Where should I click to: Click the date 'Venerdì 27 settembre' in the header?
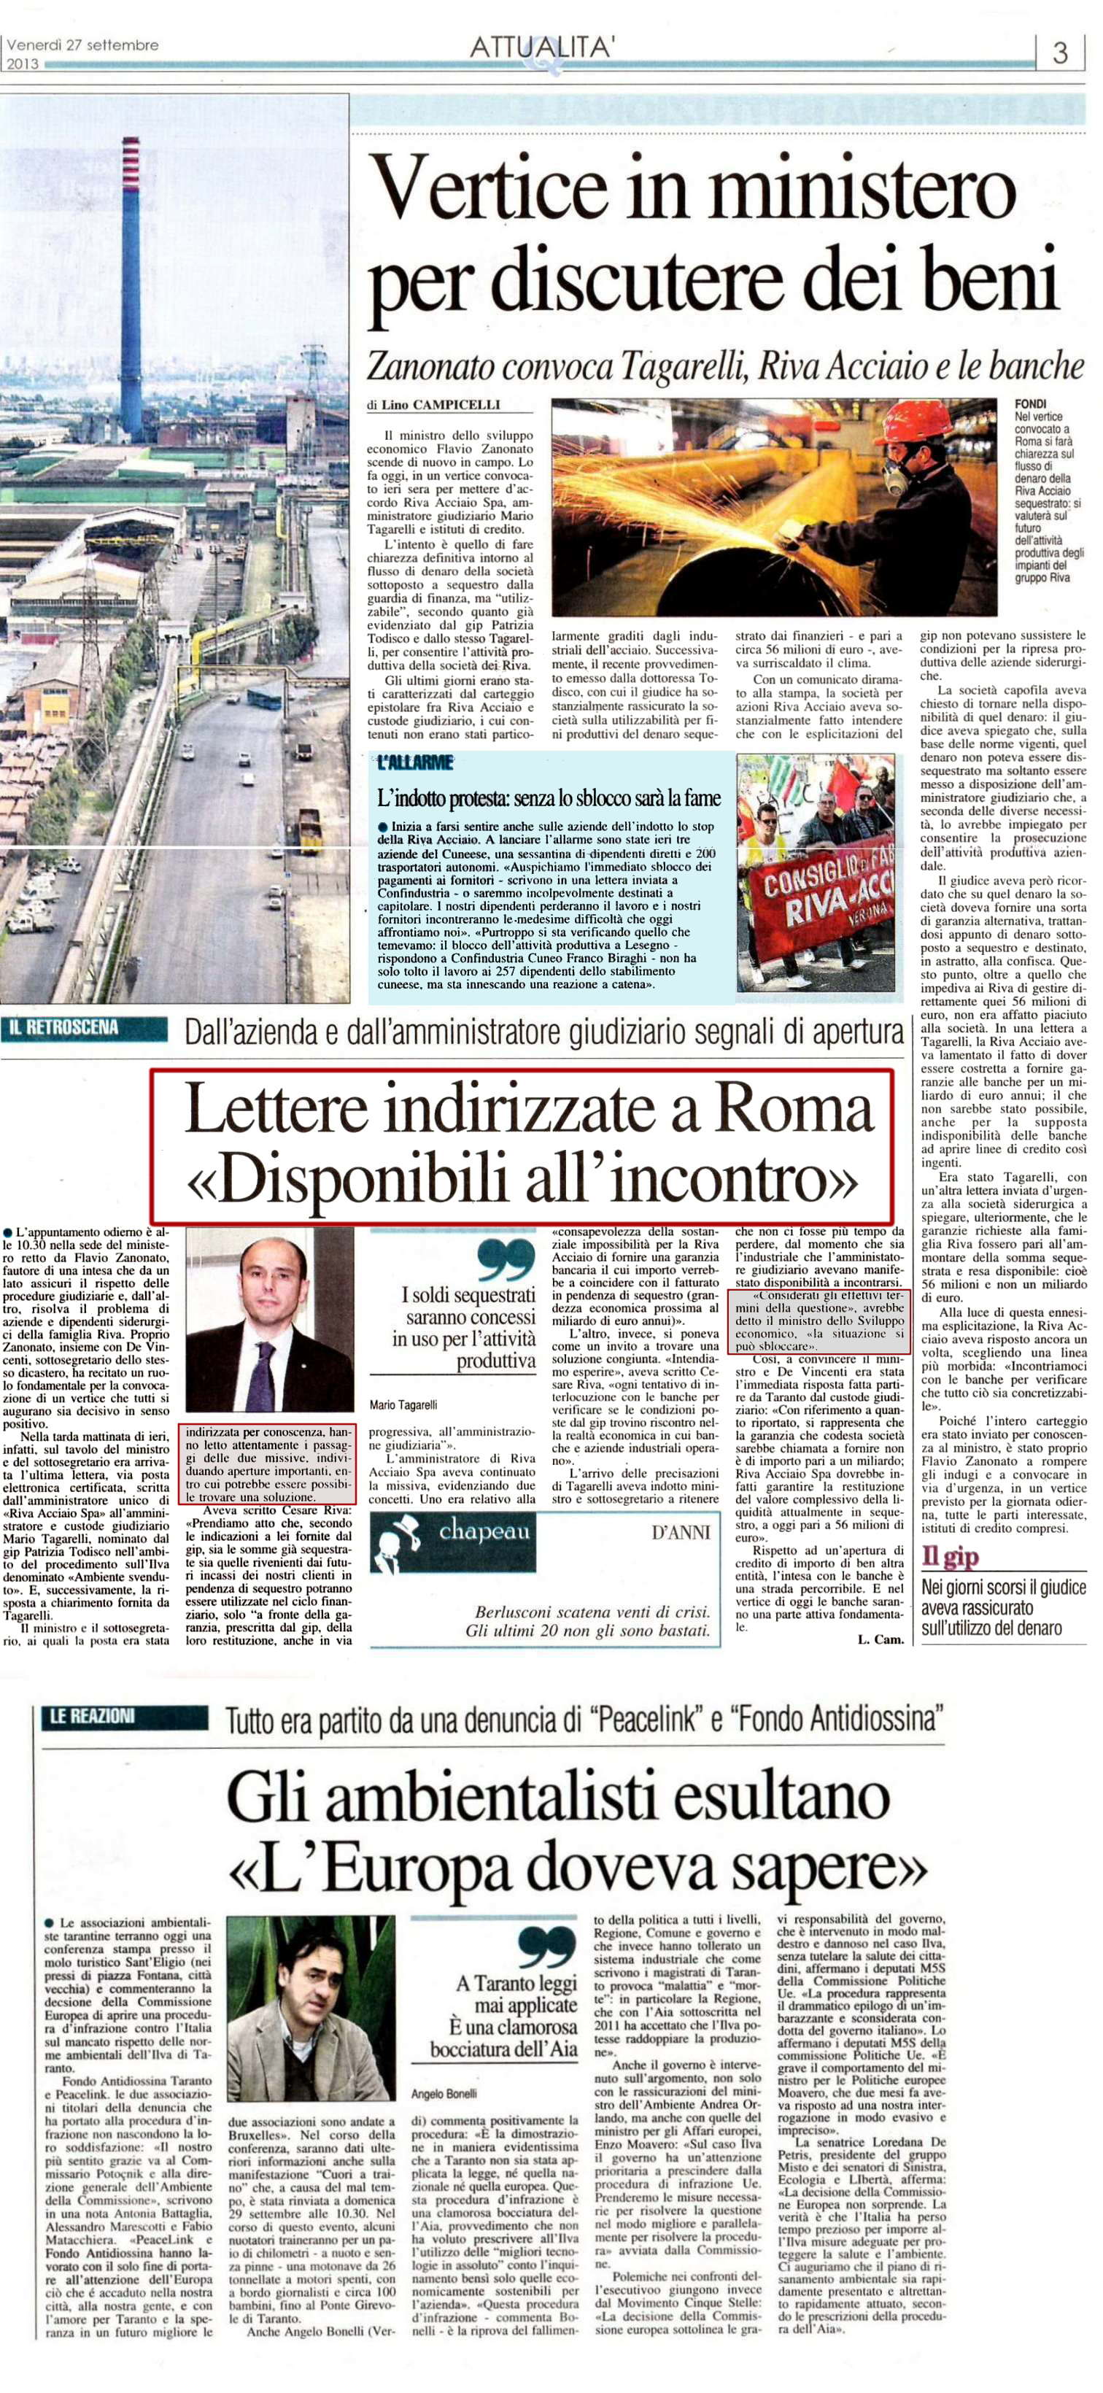82,45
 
